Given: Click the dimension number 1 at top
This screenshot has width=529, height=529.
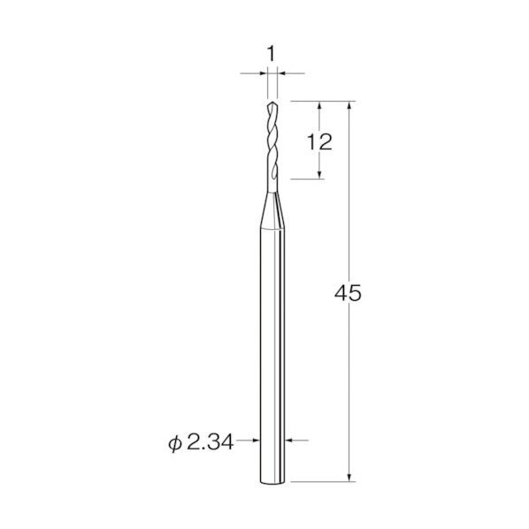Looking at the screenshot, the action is click(x=272, y=54).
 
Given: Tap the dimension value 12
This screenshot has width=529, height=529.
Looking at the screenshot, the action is click(x=319, y=142).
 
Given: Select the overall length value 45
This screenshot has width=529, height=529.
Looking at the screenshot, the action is click(x=348, y=293).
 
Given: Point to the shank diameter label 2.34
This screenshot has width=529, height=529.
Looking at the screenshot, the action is click(x=210, y=442).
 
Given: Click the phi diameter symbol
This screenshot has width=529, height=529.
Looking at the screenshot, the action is click(x=174, y=443).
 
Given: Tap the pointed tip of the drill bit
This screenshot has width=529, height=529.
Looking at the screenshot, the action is click(x=272, y=102).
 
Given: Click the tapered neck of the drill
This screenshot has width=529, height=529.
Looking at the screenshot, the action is click(x=272, y=211).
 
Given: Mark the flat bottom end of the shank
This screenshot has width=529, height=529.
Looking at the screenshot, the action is click(x=272, y=484).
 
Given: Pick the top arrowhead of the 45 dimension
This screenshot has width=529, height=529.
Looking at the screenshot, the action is click(x=349, y=105).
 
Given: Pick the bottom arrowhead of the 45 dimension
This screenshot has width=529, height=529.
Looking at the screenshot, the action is click(x=349, y=477).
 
